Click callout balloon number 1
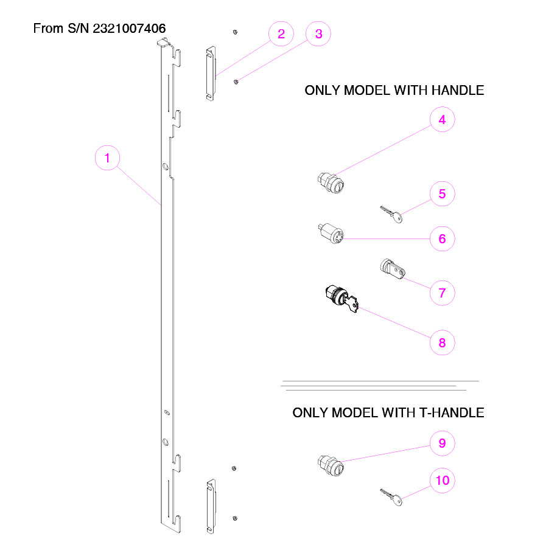click(x=108, y=159)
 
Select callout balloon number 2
click(x=281, y=33)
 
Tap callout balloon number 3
click(x=318, y=33)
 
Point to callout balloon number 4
click(x=443, y=120)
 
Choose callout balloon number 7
click(x=443, y=293)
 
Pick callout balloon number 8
click(x=443, y=342)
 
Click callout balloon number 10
click(x=443, y=481)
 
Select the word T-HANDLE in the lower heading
click(x=452, y=412)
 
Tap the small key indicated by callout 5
click(x=391, y=214)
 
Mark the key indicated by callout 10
click(x=391, y=497)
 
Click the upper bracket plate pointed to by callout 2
click(x=211, y=72)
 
